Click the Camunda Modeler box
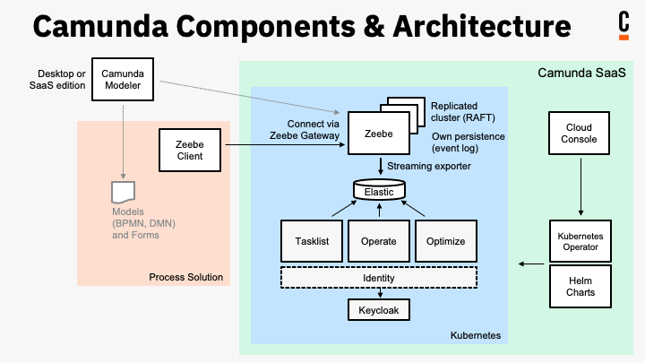click(123, 79)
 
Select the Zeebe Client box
click(188, 150)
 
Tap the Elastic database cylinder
click(379, 191)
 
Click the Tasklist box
click(312, 242)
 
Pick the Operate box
click(378, 242)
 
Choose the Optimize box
click(445, 242)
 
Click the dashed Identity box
click(378, 278)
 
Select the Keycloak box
click(378, 310)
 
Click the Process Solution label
click(185, 277)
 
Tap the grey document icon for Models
click(122, 192)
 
